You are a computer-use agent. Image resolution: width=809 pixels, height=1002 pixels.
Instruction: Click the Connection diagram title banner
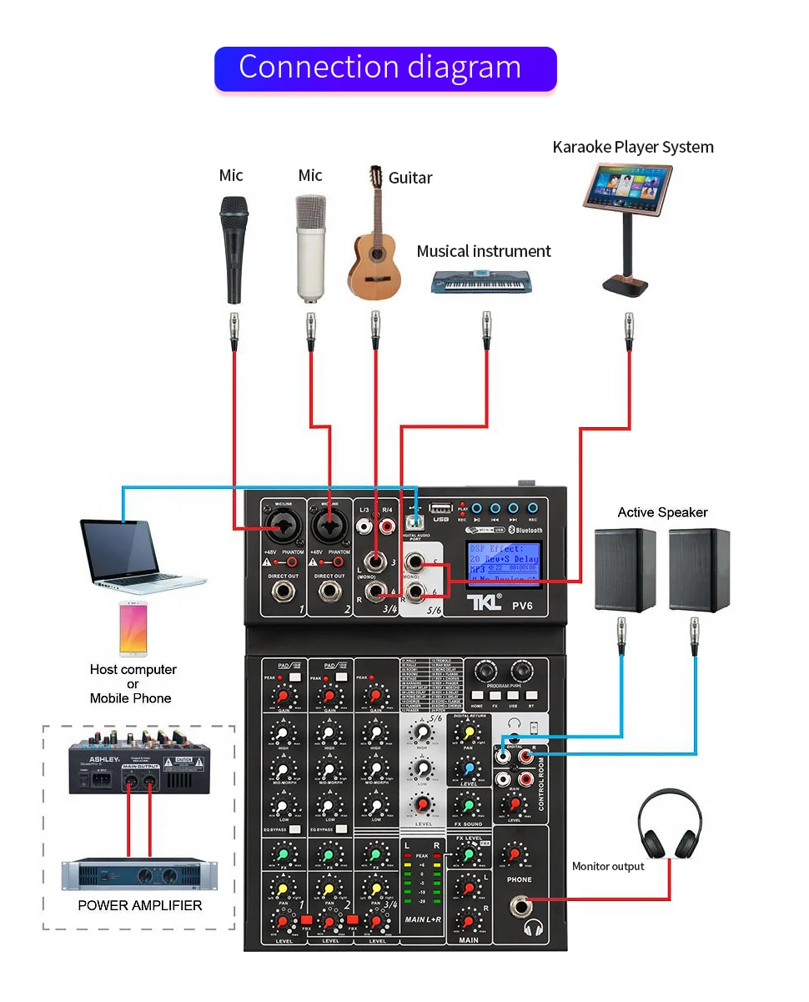pos(384,68)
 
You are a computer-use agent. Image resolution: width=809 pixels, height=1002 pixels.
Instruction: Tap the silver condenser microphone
pos(310,246)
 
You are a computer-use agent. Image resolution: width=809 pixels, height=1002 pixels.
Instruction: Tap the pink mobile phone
pos(133,627)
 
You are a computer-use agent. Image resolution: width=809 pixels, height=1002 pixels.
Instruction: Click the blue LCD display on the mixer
pos(503,565)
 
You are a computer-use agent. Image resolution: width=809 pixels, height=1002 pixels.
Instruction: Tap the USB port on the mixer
pos(440,507)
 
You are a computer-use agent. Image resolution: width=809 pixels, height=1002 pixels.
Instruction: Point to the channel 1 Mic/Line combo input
pos(281,526)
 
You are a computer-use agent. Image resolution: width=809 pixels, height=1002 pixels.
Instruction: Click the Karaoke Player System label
pos(633,148)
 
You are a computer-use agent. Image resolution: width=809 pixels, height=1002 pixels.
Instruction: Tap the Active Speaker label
pos(662,512)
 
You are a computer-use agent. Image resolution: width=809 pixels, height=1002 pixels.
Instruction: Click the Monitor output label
pos(608,867)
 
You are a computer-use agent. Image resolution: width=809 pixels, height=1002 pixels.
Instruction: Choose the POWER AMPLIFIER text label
pos(140,905)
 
